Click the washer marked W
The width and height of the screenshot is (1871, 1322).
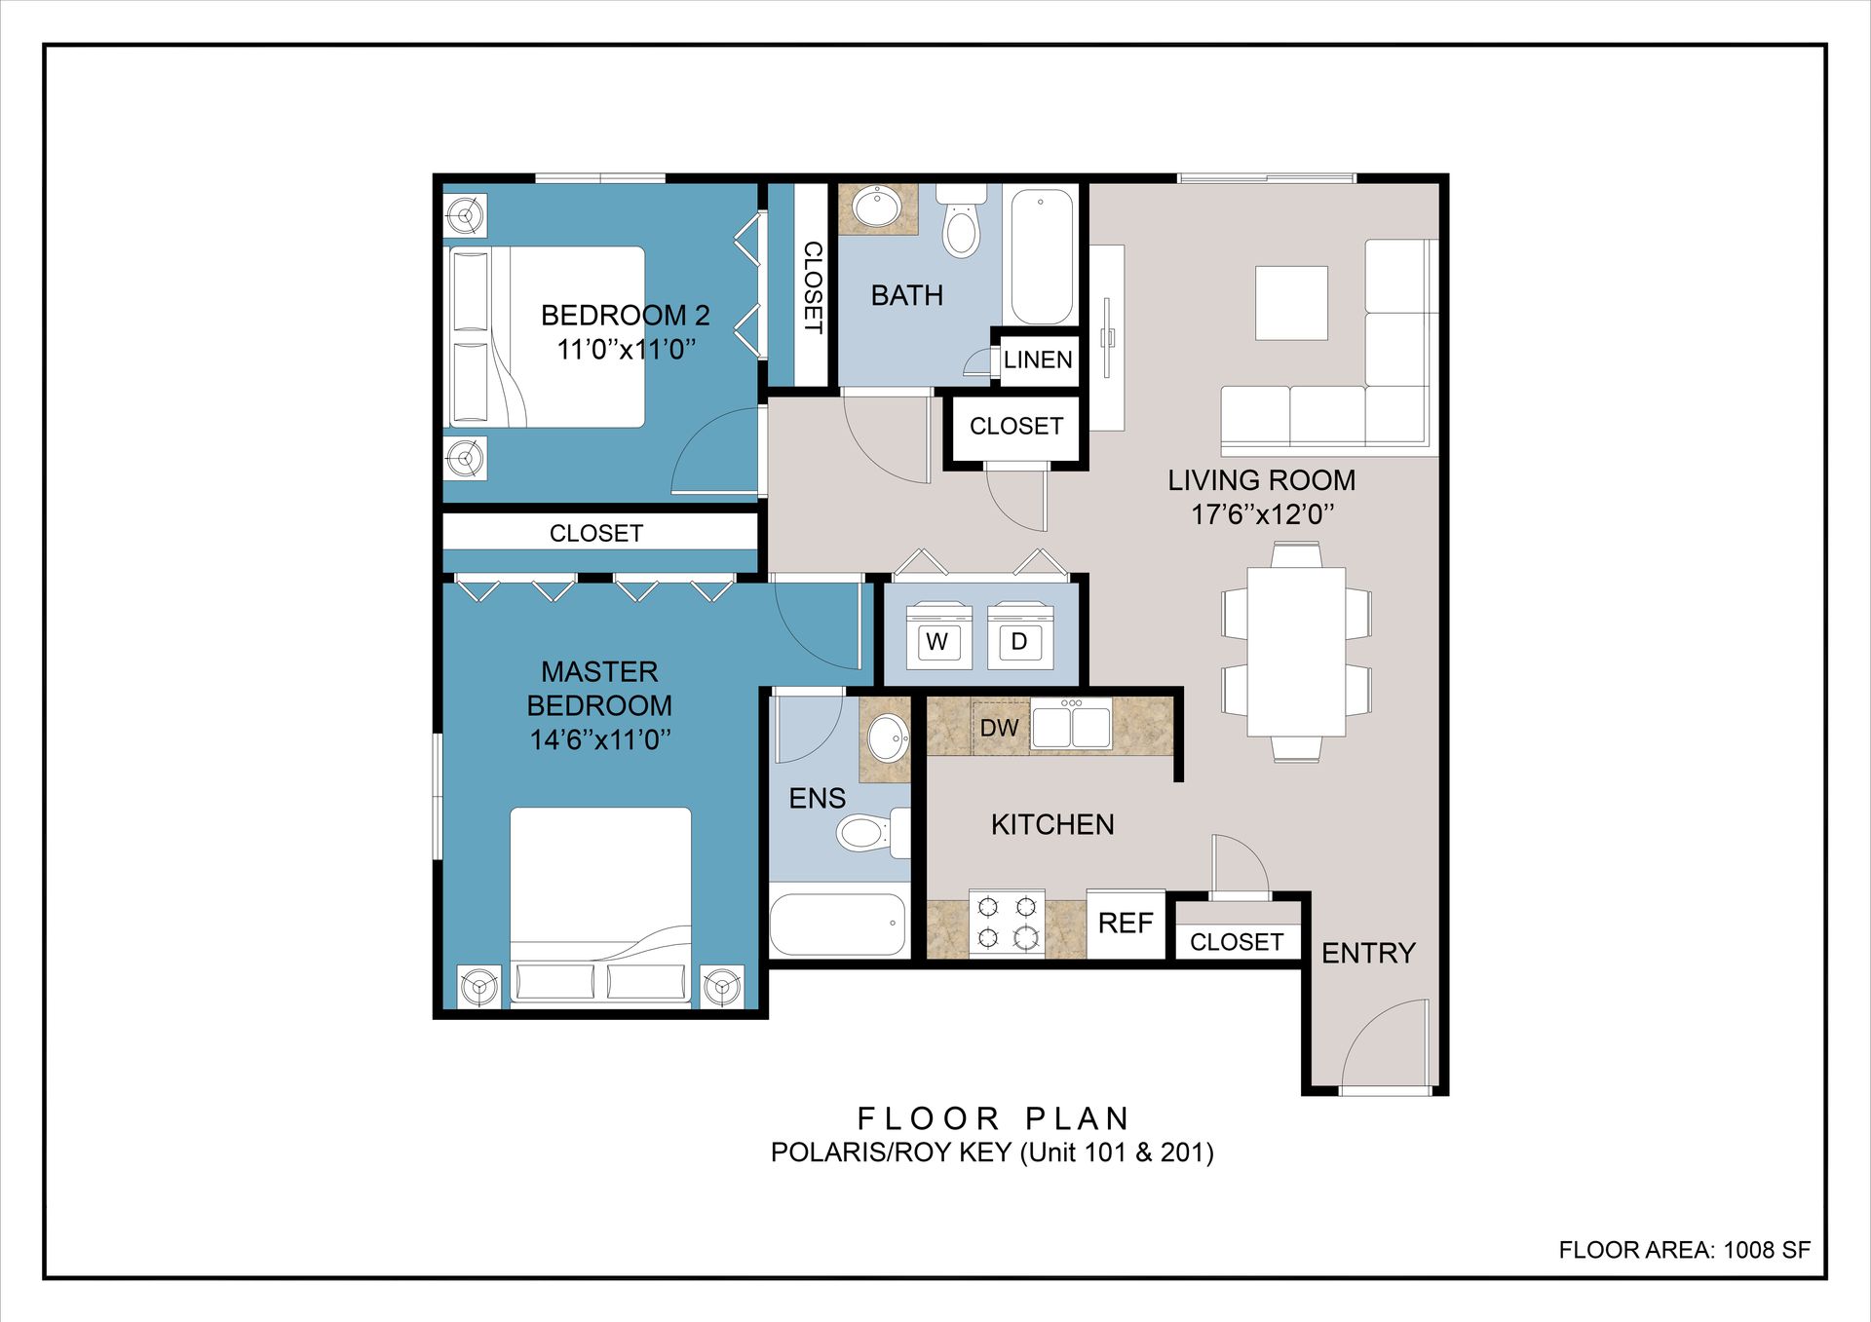click(938, 636)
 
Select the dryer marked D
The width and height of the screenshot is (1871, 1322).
click(1020, 636)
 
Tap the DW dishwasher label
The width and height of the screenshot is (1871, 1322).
click(999, 728)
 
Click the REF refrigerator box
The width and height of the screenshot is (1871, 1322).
click(1126, 924)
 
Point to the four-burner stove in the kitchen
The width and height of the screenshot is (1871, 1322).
click(1007, 922)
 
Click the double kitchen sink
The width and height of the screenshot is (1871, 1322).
click(1071, 725)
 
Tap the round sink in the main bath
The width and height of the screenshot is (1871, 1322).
click(877, 208)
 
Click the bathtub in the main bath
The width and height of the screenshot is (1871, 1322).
click(1042, 256)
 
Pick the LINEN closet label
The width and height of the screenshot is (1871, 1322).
click(1038, 359)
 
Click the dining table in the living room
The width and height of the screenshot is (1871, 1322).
click(1296, 652)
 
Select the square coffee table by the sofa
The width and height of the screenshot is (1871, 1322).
click(1291, 303)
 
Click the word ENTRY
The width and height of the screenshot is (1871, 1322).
click(1368, 953)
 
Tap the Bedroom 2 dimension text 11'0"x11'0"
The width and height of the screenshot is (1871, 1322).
click(626, 349)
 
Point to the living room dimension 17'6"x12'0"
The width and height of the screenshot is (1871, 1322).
click(1262, 513)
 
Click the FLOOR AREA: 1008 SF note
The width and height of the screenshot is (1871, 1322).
click(1684, 1250)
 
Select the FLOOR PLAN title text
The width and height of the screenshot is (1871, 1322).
click(993, 1118)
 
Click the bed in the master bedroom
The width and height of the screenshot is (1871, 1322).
click(600, 905)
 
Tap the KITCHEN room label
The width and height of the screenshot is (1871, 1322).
click(1052, 825)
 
